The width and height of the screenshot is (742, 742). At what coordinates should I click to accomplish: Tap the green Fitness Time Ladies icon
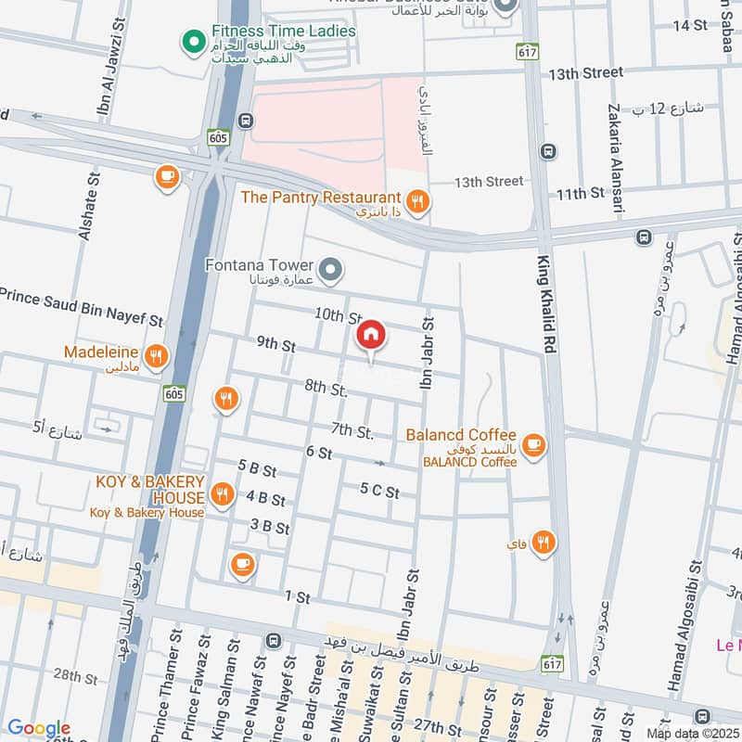(194, 41)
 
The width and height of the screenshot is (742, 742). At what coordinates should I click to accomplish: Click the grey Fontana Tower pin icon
(332, 271)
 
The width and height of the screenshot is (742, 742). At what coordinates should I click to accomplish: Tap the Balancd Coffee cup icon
(532, 445)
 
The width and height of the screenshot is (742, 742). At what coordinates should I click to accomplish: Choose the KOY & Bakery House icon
(221, 494)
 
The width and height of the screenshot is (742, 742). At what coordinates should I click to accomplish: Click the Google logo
(39, 728)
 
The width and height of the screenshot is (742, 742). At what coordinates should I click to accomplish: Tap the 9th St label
(275, 344)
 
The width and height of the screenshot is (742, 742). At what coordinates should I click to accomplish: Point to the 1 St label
(297, 598)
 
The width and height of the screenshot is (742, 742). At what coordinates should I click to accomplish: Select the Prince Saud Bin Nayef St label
(82, 307)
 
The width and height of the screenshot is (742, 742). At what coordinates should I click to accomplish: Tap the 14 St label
(688, 25)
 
